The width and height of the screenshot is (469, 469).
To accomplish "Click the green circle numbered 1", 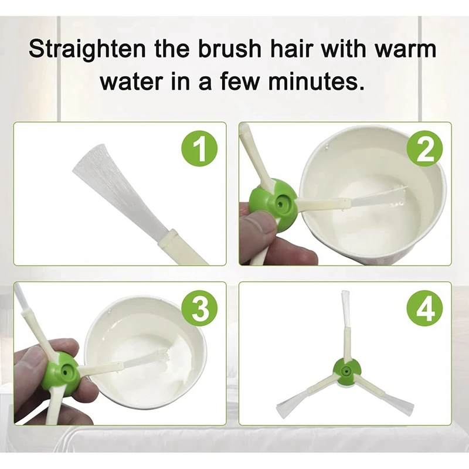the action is (x=199, y=149).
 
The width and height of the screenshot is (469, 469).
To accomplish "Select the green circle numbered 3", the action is (x=200, y=308).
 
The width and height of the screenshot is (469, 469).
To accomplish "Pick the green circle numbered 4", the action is (x=425, y=308).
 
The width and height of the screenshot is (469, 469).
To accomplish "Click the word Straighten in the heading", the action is (x=87, y=50).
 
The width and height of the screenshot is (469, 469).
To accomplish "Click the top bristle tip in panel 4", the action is (x=345, y=291).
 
